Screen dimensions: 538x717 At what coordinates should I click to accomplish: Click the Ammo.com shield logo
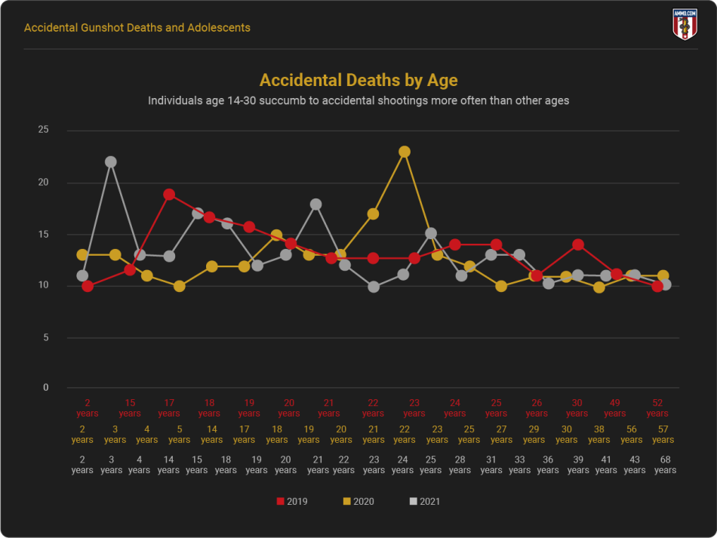(x=685, y=24)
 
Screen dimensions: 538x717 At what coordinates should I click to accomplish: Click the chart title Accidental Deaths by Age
(x=358, y=80)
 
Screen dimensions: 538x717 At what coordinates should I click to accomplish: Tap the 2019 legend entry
(x=292, y=501)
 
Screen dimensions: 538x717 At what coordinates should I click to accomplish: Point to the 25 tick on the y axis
(x=43, y=130)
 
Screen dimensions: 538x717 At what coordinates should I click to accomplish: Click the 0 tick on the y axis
(x=45, y=388)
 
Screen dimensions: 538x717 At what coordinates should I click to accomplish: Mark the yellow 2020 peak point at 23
(x=405, y=152)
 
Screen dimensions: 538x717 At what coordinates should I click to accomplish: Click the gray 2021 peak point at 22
(x=111, y=161)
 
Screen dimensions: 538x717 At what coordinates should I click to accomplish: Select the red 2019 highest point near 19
(x=169, y=195)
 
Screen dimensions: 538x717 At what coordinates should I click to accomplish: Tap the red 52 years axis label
(x=657, y=407)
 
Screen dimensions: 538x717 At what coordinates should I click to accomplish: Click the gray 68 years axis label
(x=665, y=464)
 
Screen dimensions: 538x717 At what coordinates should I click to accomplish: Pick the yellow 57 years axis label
(x=663, y=434)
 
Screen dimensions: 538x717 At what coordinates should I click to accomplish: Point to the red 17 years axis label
(x=169, y=407)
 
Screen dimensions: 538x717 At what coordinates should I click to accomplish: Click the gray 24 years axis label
(x=402, y=464)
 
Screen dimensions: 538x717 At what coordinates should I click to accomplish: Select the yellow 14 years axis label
(x=212, y=434)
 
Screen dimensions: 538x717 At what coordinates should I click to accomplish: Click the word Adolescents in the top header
(x=220, y=28)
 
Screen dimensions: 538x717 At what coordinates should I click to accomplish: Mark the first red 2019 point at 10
(x=88, y=286)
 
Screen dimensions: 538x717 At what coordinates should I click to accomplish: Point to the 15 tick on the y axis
(x=43, y=234)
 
